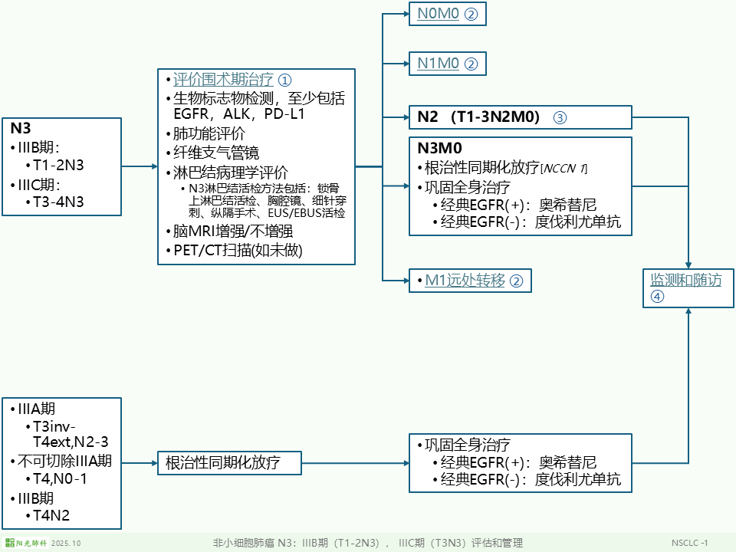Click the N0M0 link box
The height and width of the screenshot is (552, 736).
(x=447, y=14)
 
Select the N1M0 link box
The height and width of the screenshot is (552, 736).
(x=447, y=64)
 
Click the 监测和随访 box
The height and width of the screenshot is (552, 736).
(x=686, y=281)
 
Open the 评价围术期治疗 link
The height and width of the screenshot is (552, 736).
(x=223, y=80)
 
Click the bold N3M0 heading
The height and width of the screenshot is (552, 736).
(x=439, y=148)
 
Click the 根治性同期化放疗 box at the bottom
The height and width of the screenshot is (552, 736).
(x=229, y=463)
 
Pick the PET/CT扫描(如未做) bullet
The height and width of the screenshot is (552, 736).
(x=238, y=250)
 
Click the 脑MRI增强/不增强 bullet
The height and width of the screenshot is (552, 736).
(x=232, y=231)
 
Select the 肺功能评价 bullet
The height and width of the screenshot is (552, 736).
(x=209, y=133)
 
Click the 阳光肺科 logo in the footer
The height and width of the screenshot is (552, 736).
(x=32, y=543)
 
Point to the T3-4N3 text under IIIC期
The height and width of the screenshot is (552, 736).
(x=59, y=202)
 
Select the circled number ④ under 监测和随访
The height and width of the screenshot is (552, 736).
(x=657, y=297)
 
